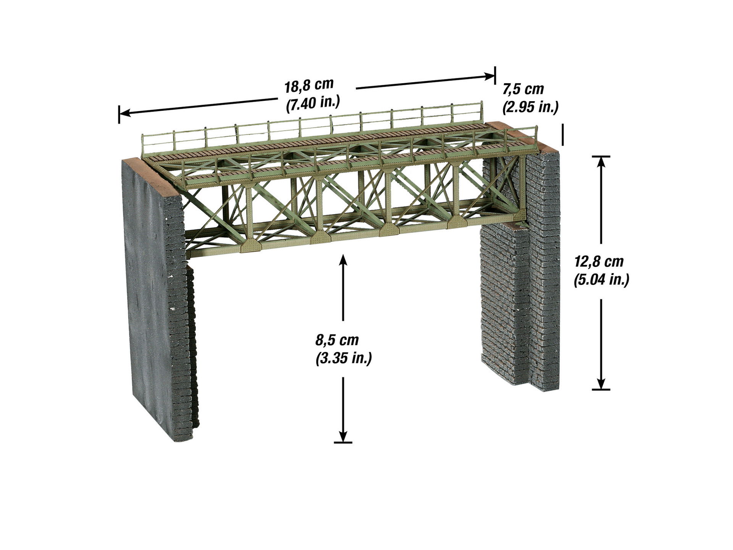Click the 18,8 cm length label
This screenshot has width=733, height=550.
click(309, 85)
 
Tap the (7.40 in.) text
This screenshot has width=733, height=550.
click(313, 104)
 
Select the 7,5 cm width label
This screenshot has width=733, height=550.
click(523, 89)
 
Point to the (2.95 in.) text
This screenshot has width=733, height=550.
click(531, 107)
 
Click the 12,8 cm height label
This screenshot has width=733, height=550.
click(599, 262)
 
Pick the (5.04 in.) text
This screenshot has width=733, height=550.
click(601, 280)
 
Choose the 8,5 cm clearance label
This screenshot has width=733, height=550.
click(337, 339)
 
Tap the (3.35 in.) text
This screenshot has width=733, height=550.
click(344, 358)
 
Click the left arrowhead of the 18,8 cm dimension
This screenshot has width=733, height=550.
click(125, 113)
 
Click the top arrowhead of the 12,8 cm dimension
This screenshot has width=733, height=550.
click(601, 162)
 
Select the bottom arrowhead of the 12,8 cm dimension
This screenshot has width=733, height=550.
click(601, 383)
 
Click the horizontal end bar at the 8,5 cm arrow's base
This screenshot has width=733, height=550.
click(343, 442)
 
